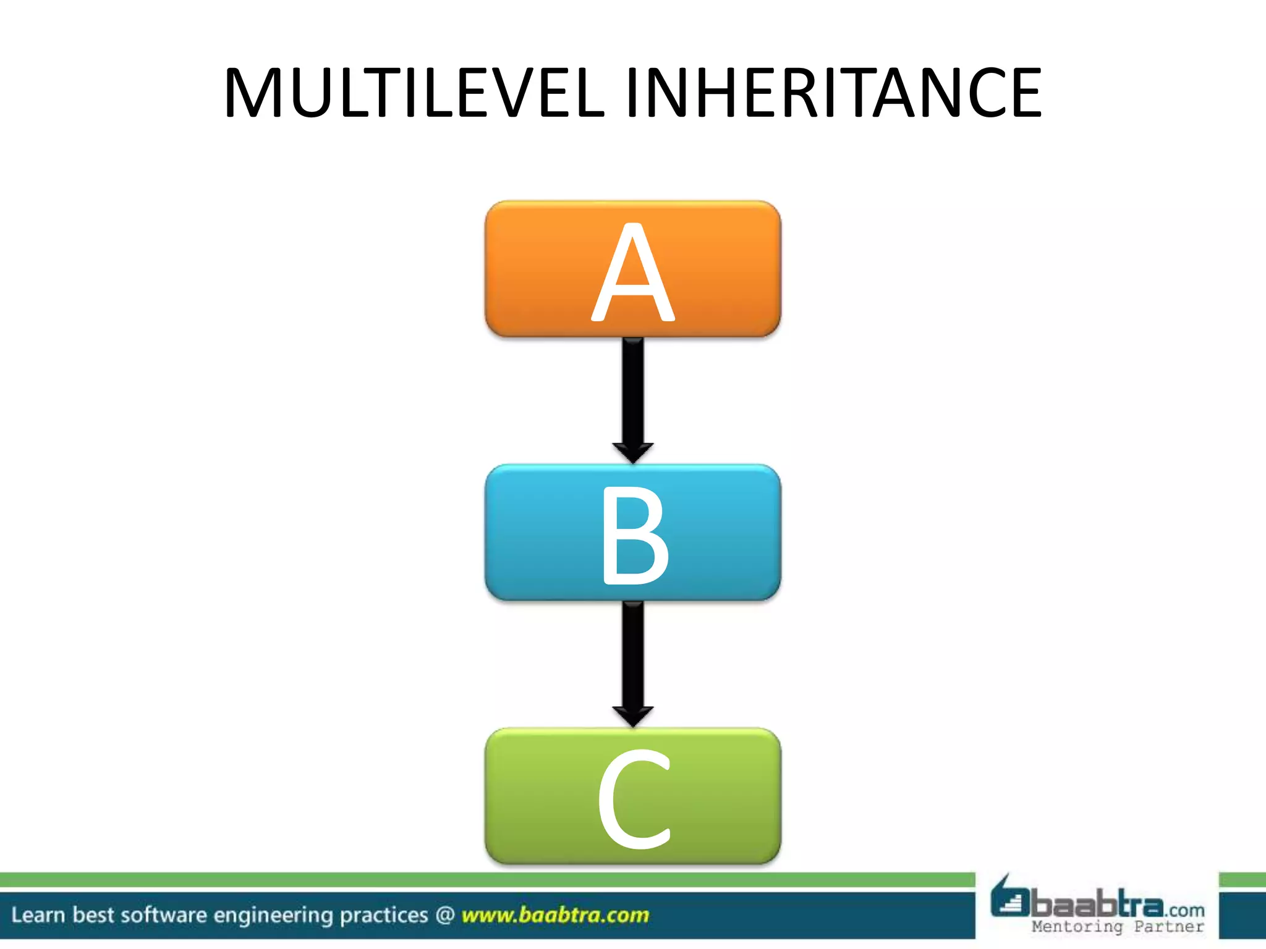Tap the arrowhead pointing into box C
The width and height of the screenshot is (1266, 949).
632,717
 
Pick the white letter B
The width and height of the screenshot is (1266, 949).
634,535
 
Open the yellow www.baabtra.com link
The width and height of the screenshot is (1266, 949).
555,915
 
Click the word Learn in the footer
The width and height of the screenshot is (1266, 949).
38,915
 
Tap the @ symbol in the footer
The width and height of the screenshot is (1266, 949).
445,915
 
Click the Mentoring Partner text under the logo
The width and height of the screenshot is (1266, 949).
1118,927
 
